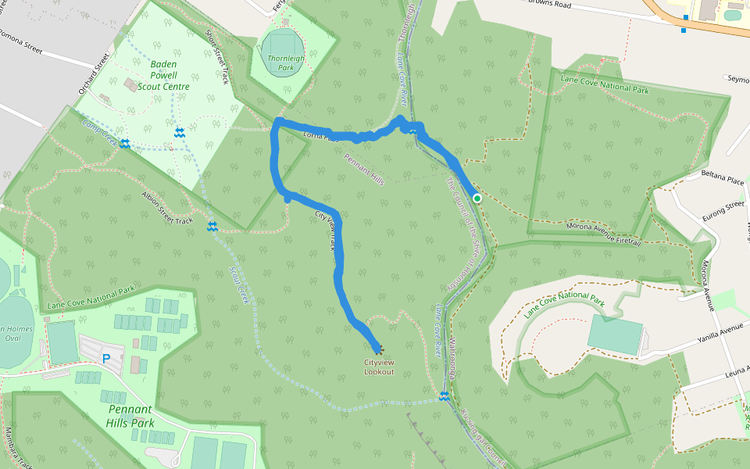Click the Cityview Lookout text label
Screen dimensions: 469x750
tap(379, 367)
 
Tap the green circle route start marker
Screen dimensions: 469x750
tap(477, 199)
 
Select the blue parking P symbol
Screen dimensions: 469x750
tap(105, 359)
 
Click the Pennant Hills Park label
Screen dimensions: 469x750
tap(130, 416)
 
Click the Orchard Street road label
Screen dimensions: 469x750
tap(91, 73)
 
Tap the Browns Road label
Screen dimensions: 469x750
tap(572, 5)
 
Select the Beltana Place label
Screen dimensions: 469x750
tap(723, 181)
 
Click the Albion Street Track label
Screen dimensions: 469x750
tap(166, 208)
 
